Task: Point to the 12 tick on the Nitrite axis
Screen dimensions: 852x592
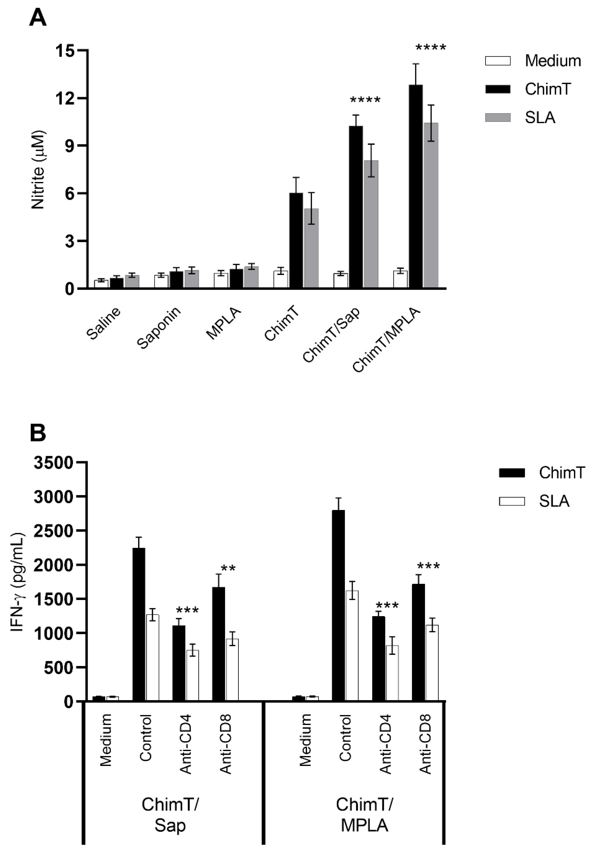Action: (67, 98)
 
